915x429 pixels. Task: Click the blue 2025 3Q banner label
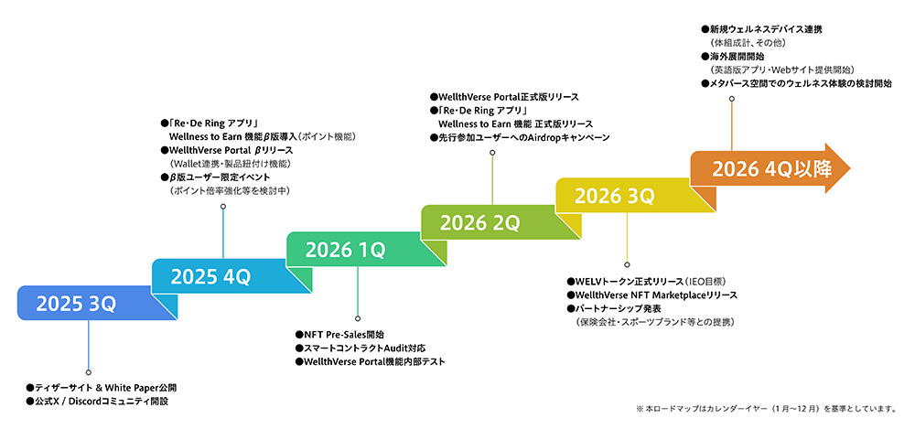(x=76, y=304)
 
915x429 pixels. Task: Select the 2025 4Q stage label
(x=210, y=276)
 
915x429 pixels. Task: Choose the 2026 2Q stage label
(x=479, y=223)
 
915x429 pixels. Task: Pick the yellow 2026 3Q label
(x=615, y=196)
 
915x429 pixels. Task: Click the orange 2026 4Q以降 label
(x=771, y=168)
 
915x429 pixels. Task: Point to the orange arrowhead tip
(x=850, y=168)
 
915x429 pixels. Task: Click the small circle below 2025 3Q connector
(x=88, y=371)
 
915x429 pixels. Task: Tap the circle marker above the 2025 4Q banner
(x=223, y=206)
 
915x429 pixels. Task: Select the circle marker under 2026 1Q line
(x=358, y=318)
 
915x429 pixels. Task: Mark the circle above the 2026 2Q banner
(x=492, y=153)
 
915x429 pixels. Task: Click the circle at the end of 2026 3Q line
(x=627, y=264)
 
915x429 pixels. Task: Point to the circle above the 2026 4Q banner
(x=731, y=99)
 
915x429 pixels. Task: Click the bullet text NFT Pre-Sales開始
(x=339, y=335)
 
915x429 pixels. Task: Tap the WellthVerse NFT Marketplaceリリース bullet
(x=651, y=295)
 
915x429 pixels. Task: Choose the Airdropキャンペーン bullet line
(x=520, y=138)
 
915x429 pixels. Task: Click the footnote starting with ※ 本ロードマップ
(x=766, y=409)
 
